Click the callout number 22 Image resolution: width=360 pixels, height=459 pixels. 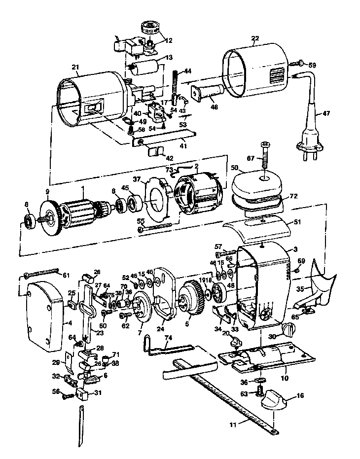255,39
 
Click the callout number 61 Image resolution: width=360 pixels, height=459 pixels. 66,275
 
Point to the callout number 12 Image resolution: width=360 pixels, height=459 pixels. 169,40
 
